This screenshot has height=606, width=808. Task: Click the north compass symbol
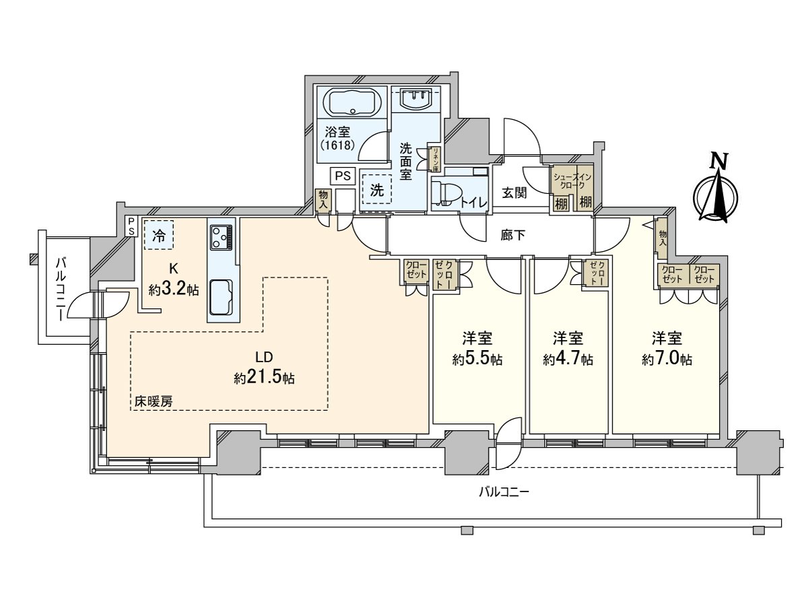[717, 191]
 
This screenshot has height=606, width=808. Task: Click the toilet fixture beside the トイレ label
[445, 193]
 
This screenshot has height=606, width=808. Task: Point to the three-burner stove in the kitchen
[222, 236]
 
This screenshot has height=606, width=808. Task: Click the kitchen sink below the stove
[221, 296]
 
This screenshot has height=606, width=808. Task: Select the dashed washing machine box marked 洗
[376, 191]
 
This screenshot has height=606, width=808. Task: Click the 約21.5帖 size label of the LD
[264, 378]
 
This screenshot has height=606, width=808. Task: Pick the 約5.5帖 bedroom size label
[477, 359]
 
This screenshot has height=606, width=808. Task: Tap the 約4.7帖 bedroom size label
[568, 359]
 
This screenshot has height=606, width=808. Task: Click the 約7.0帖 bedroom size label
[666, 359]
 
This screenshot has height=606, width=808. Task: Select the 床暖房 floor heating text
[154, 401]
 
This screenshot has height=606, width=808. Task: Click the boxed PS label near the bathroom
[343, 176]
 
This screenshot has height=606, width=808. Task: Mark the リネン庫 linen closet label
[436, 160]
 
